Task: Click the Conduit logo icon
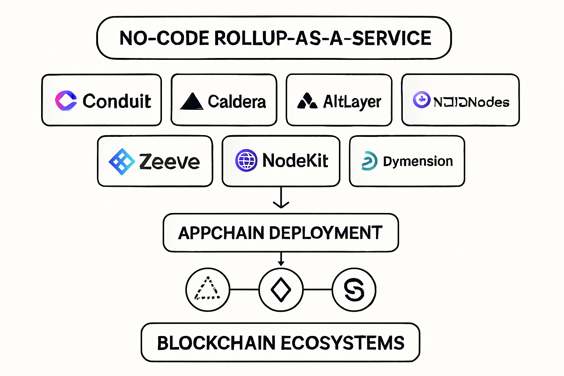[x=66, y=101]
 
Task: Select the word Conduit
[x=117, y=101]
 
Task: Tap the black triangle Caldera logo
[x=191, y=101]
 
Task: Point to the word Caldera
[x=237, y=102]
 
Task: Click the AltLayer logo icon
[x=307, y=101]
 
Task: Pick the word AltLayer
[x=352, y=102]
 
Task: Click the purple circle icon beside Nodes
[x=421, y=100]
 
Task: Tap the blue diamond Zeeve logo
[x=122, y=162]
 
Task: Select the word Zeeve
[x=169, y=162]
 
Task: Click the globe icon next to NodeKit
[x=246, y=160]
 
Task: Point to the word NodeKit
[x=295, y=161]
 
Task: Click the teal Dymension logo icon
[x=369, y=161]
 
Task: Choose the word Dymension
[x=418, y=161]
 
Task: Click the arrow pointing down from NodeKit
[x=281, y=198]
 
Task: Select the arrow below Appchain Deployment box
[x=281, y=259]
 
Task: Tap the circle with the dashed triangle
[x=208, y=290]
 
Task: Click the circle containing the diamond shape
[x=281, y=290]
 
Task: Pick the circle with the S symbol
[x=354, y=290]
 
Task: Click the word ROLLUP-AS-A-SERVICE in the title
[x=322, y=38]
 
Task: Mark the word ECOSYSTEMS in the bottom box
[x=343, y=343]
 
